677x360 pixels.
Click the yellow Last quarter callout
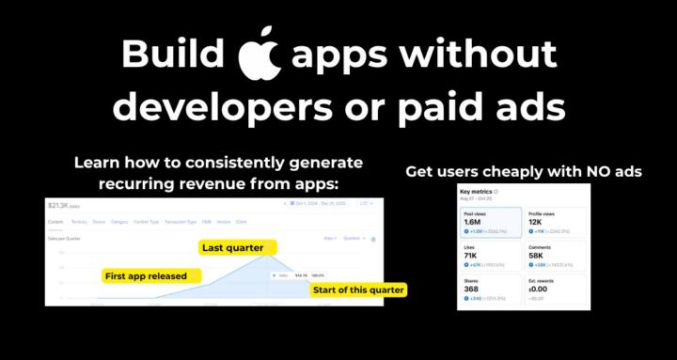232,248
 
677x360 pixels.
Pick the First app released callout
145,276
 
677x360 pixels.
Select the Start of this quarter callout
358,290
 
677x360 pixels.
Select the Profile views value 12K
536,222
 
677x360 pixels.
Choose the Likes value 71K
473,255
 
